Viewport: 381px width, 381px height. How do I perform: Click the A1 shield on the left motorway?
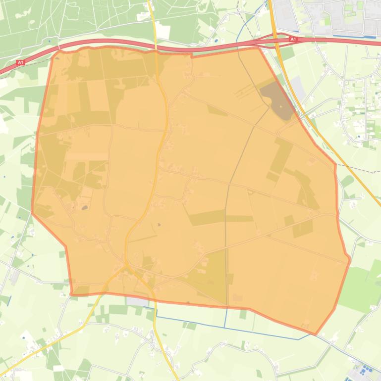20,63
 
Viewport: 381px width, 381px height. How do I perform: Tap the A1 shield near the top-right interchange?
293,39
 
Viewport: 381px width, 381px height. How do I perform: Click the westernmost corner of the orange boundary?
32,213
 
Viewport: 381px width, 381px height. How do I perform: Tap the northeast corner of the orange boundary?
259,48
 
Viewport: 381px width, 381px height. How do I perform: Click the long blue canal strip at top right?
352,36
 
